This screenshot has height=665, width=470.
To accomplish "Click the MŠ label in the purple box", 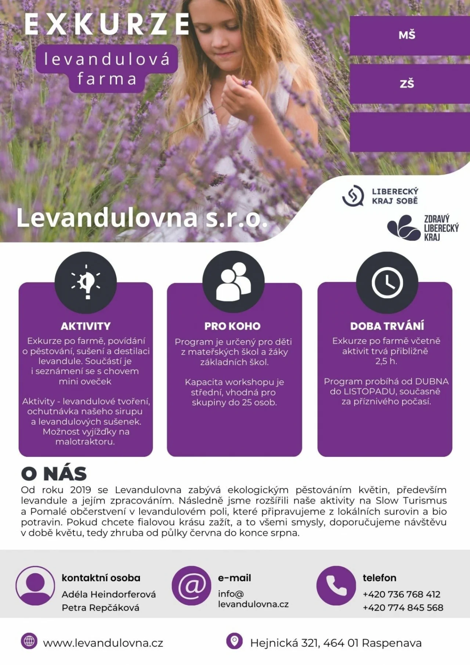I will pos(407,35).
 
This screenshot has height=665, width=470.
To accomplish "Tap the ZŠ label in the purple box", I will pos(407,84).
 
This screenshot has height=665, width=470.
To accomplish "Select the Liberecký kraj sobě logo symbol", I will pos(353,196).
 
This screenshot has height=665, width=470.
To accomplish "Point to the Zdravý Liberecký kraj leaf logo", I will pos(403,227).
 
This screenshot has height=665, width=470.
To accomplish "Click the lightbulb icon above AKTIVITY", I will pos(86,282).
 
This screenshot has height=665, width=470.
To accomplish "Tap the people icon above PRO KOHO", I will pos(234,282).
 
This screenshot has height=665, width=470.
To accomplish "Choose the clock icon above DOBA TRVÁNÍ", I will pos(387,282).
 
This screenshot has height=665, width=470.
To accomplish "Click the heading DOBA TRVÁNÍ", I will pos(387,326).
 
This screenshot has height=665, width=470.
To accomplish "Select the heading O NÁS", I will pos(54,474).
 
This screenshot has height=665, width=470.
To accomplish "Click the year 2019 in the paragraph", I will pos(80,490).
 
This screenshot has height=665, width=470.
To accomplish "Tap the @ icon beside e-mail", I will pos(192,585).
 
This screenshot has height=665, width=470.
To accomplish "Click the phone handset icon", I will pos(336,585).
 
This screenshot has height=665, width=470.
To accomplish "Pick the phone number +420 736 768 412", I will pos(401,594).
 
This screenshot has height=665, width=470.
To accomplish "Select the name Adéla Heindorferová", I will pos(109,594).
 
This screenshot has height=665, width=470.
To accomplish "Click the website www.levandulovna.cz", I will pos(103,643).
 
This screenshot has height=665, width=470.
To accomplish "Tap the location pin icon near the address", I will pos(234,641).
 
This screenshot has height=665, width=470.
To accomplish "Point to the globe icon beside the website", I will pos(29,641).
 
